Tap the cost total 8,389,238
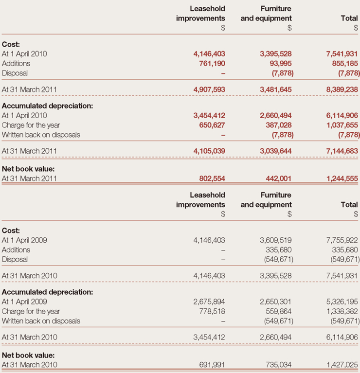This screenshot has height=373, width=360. [340, 89]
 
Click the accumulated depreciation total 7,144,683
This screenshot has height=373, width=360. [340, 151]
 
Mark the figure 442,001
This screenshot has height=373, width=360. [279, 178]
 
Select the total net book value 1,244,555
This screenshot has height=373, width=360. [340, 178]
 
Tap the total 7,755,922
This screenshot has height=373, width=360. [340, 240]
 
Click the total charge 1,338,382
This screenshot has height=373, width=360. [340, 311]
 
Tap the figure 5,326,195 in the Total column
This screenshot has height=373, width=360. [340, 301]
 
